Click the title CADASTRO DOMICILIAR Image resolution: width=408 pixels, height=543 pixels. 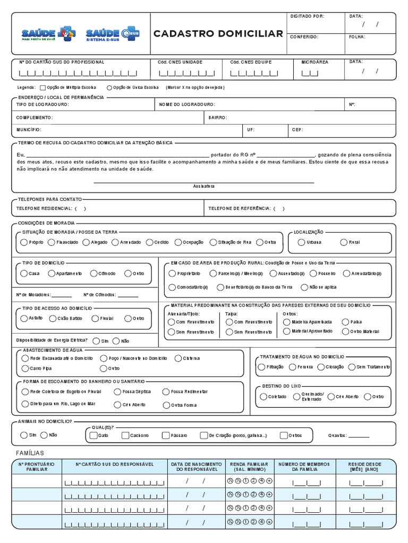[218, 34]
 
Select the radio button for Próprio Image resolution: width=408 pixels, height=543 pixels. [23, 242]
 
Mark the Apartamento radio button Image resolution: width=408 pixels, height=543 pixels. [52, 274]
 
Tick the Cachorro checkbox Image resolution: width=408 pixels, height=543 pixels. [125, 435]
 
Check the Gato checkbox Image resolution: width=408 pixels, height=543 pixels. [93, 435]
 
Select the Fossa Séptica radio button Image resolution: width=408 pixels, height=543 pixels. [117, 392]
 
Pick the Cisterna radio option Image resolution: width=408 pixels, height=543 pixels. [178, 358]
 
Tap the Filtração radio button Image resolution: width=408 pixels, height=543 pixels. [261, 367]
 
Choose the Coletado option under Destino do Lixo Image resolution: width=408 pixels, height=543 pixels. [263, 397]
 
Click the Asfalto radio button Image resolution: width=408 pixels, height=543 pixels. [23, 319]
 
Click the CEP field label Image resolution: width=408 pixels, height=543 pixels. [297, 129]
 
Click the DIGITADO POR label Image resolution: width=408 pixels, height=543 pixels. [307, 16]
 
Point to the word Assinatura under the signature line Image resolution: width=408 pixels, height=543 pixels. [204, 187]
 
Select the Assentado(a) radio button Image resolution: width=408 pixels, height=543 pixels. [274, 274]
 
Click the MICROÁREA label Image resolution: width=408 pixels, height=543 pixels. [314, 62]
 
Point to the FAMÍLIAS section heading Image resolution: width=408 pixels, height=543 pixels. [30, 453]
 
